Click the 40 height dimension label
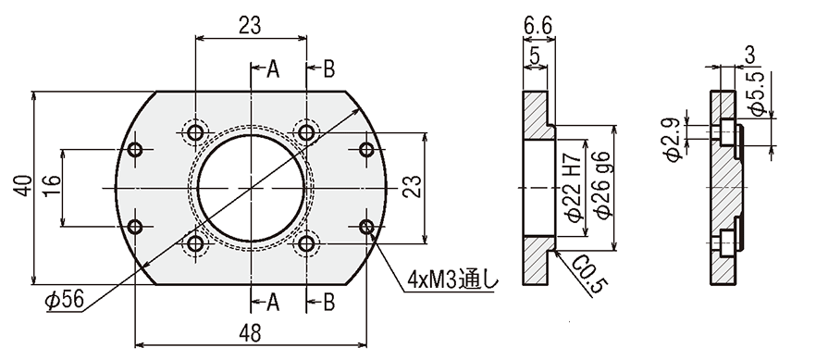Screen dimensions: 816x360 point(22,186)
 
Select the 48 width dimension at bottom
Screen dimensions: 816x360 point(251,334)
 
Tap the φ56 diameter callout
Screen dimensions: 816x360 point(64,300)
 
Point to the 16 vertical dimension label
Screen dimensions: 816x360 point(52,187)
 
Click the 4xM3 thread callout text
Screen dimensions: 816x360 point(452,281)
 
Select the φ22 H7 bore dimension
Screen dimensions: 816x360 point(575,188)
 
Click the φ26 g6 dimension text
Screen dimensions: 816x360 point(602,186)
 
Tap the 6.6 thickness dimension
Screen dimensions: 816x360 point(538,25)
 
